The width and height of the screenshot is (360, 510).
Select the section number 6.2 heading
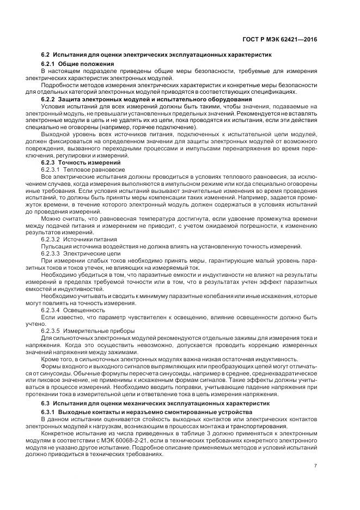[x=46, y=56]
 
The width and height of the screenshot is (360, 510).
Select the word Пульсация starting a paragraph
[x=55, y=246]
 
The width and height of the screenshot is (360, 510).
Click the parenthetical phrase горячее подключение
[x=151, y=127]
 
